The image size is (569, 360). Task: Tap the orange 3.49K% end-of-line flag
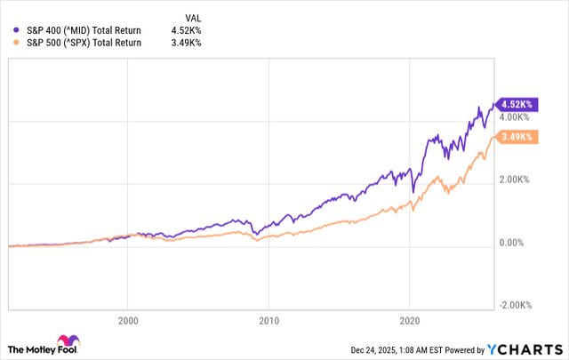coord(517,136)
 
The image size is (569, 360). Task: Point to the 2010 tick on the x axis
coord(268,320)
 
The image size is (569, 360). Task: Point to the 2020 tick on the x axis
coord(410,320)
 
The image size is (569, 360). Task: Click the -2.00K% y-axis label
coord(515,305)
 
